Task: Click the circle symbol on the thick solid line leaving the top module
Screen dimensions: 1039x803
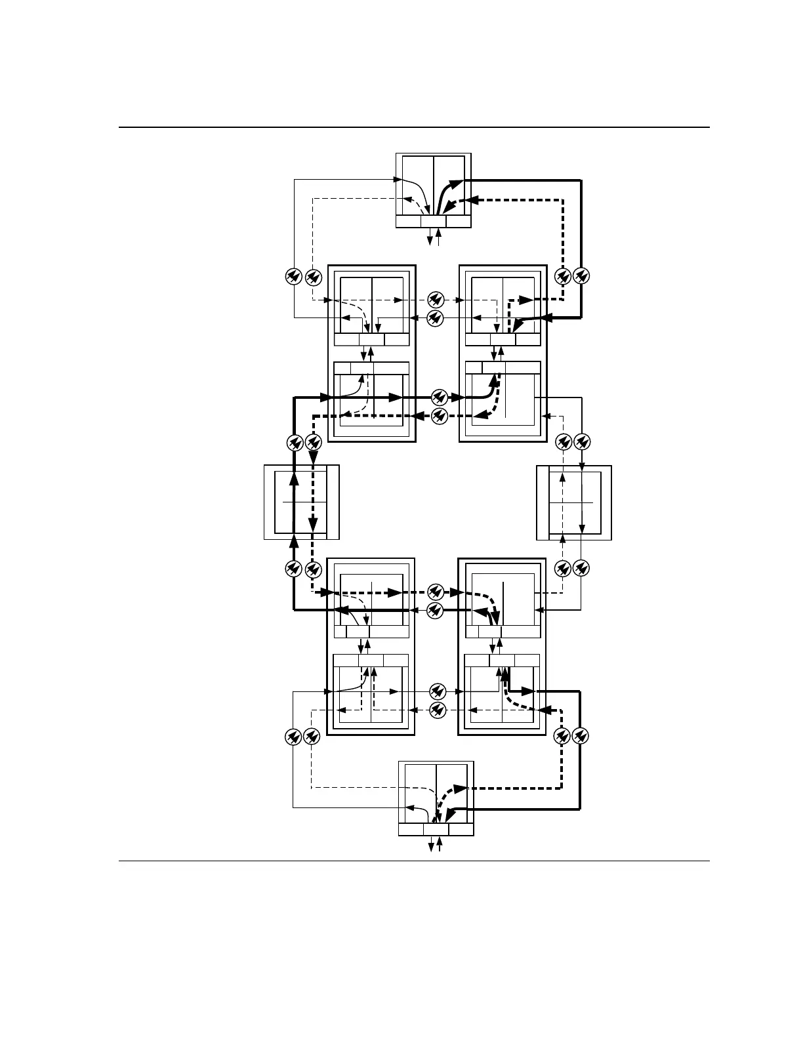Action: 581,277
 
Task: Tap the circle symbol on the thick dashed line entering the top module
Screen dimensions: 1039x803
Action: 562,277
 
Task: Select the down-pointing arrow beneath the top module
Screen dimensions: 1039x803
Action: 430,241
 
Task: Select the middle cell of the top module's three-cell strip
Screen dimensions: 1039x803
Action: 433,221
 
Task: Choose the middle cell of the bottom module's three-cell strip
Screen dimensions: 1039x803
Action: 436,829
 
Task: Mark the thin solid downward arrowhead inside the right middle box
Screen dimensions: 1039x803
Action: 582,527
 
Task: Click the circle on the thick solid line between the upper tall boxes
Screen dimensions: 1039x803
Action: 440,397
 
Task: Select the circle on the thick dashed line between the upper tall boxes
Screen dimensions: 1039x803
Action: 440,415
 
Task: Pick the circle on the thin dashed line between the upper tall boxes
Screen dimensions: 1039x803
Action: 435,300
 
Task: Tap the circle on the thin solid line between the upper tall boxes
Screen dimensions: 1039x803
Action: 435,319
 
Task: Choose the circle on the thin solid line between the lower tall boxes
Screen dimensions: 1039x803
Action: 438,691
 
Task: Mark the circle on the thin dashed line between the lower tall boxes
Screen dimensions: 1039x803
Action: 438,709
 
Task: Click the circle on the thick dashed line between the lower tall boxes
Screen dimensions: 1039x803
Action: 435,592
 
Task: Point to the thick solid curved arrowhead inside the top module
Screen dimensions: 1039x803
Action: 455,184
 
